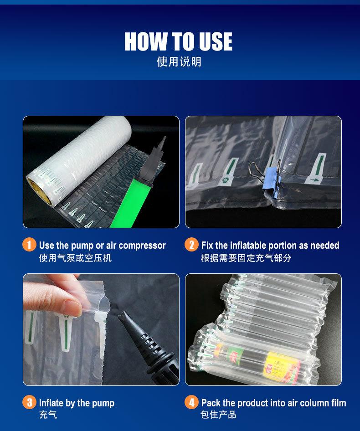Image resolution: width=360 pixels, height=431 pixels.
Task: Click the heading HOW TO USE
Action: tap(178, 41)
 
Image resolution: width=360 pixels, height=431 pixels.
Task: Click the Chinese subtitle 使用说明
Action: tap(179, 62)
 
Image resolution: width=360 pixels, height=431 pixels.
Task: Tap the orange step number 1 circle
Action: tap(29, 245)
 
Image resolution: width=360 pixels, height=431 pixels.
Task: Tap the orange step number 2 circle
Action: tap(191, 245)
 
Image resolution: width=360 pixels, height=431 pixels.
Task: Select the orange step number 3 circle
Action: tap(29, 402)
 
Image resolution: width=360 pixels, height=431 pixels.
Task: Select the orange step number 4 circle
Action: tap(191, 402)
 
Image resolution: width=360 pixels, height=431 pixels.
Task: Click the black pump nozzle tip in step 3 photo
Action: tap(121, 315)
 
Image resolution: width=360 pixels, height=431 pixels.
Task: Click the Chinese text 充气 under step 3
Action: tap(48, 415)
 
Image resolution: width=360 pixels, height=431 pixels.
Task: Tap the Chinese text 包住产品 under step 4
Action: tap(218, 415)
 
